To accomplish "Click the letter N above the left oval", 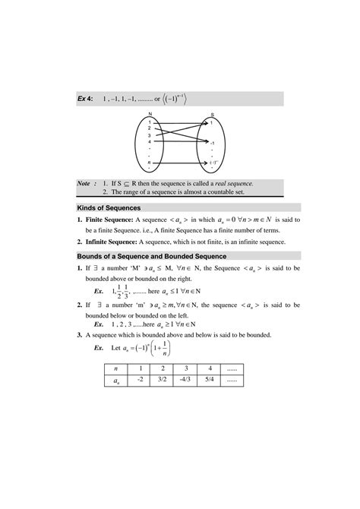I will [150, 113].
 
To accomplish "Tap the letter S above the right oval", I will [211, 113].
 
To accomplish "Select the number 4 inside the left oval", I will [150, 141].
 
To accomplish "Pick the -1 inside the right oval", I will [213, 142].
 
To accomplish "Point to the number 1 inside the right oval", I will [212, 122].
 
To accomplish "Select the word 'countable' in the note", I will [238, 193].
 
